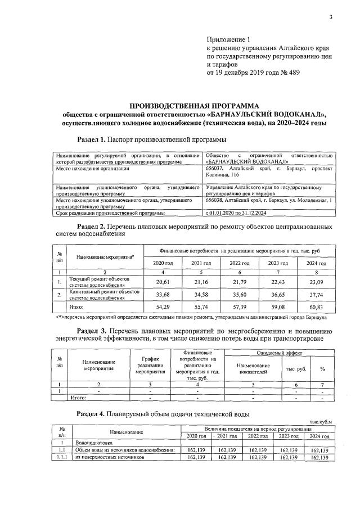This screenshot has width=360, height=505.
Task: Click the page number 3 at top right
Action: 331,17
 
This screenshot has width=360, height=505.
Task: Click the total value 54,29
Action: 163,308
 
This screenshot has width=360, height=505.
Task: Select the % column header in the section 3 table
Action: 322,369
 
